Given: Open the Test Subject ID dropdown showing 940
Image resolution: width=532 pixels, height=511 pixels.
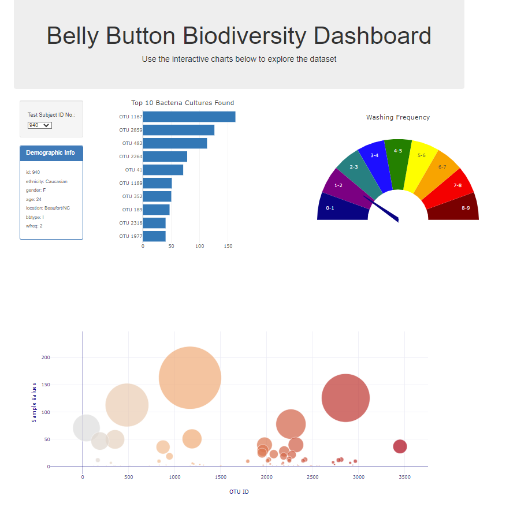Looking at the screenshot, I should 40,125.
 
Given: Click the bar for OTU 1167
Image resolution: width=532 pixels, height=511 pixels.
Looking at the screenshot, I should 189,117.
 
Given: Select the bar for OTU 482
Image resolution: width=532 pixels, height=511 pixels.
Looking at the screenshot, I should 174,143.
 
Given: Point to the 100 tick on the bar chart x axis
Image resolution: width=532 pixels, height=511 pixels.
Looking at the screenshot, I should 200,247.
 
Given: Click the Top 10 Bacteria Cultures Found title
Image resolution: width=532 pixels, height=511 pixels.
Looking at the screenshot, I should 183,103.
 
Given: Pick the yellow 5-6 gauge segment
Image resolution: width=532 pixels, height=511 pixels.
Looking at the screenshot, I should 420,163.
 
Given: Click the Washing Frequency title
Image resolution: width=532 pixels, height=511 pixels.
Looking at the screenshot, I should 398,117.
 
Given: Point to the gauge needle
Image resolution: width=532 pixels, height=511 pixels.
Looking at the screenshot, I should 381,208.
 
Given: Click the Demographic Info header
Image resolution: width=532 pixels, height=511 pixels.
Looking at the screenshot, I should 50,153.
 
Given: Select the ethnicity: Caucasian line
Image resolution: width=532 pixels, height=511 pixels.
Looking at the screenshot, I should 47,181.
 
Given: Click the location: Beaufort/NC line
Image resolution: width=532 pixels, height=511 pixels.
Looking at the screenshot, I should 48,208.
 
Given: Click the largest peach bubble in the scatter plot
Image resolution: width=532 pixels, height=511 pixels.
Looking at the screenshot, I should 189,378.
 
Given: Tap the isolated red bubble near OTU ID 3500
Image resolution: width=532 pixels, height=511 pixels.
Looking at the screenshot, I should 400,446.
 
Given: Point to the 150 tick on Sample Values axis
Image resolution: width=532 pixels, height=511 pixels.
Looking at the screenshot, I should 45,385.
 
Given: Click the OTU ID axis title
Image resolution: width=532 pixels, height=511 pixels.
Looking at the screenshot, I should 239,492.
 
